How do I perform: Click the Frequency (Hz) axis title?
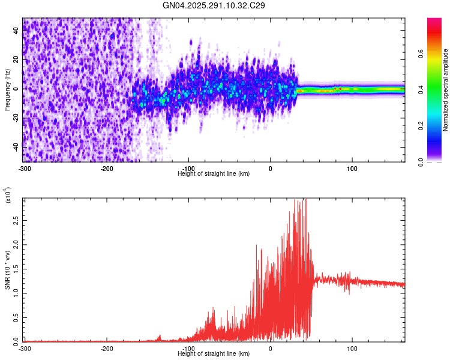click(x=7, y=90)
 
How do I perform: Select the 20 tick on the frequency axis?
click(x=16, y=59)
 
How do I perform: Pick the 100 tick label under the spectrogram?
click(x=352, y=168)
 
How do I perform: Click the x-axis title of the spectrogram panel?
click(x=214, y=173)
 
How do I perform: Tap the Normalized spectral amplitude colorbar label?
click(x=445, y=90)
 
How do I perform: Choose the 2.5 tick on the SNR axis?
click(x=16, y=222)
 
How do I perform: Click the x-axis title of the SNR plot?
click(x=214, y=353)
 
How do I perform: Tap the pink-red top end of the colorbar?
click(x=434, y=22)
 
